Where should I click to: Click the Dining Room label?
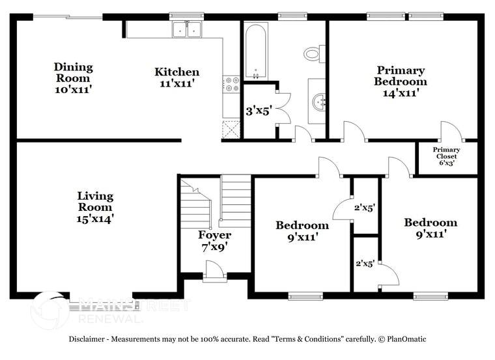coord(73,77)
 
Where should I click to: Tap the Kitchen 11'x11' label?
coord(177,77)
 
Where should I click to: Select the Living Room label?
coord(95,207)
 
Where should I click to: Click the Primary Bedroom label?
coord(400,81)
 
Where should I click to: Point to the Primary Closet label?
coord(446,156)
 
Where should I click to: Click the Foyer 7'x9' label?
coord(215,240)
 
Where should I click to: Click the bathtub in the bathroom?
coord(255,51)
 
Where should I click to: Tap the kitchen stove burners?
coord(231,83)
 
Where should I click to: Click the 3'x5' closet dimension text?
coord(258,111)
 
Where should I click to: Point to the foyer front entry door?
coord(214,271)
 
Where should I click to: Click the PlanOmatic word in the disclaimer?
coord(406,339)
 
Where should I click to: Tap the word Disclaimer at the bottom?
coord(88,339)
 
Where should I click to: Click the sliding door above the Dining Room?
coord(68,18)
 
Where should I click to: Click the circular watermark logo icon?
coord(50,309)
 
